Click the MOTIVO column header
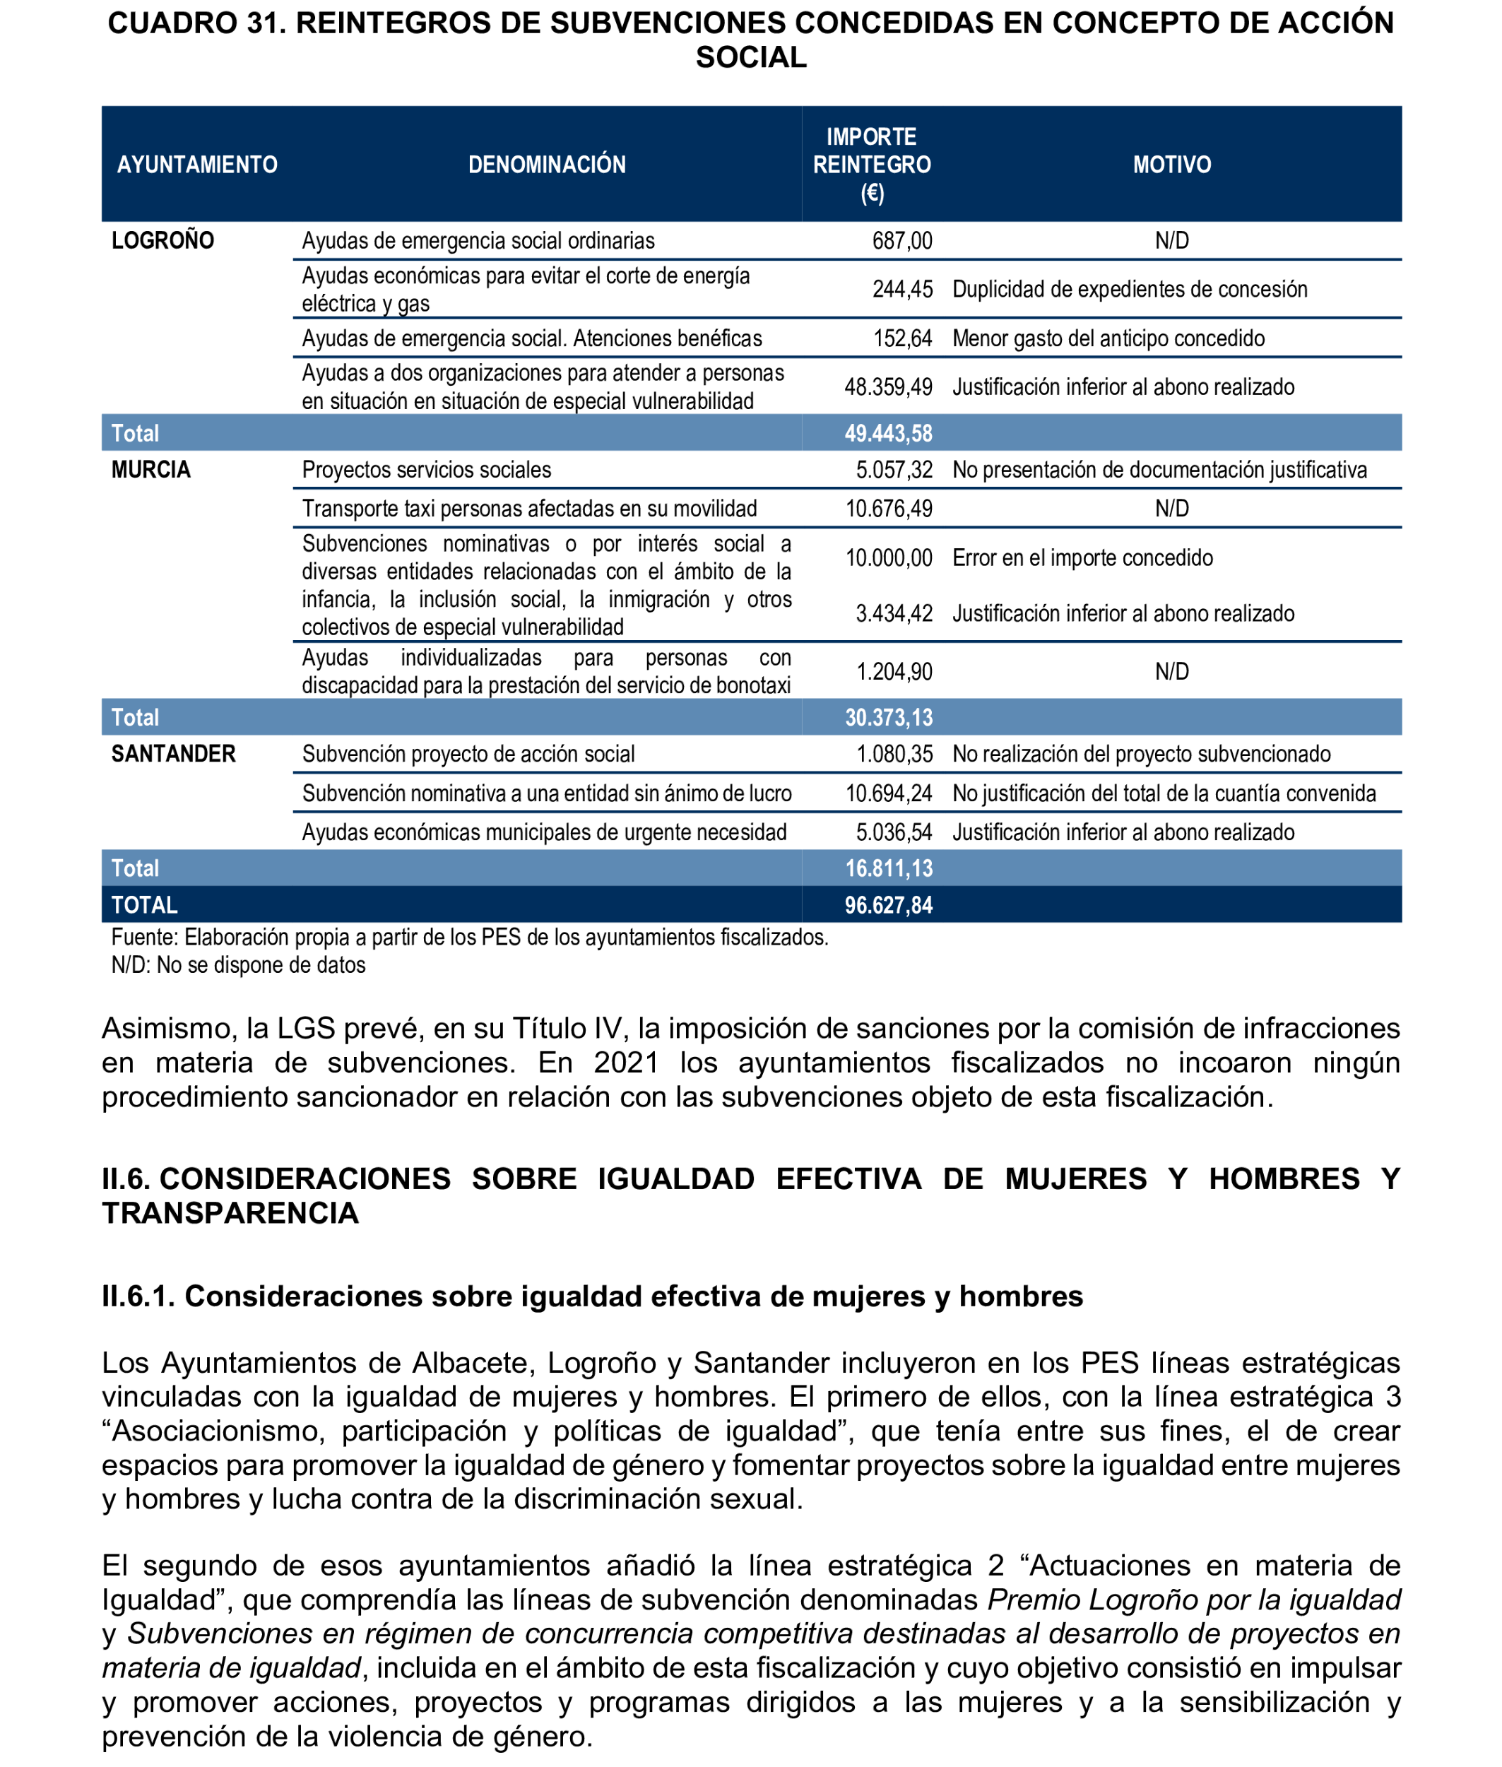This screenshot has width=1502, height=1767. pyautogui.click(x=1171, y=165)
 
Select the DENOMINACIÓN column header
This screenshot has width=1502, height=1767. pyautogui.click(x=547, y=165)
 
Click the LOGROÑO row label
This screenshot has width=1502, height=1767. pyautogui.click(x=162, y=240)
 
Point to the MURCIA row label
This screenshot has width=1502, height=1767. pyautogui.click(x=150, y=469)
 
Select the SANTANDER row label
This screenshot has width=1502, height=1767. pyautogui.click(x=173, y=754)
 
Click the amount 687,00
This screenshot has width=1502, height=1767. pyautogui.click(x=901, y=241)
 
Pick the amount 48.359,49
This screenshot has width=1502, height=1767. pyautogui.click(x=888, y=387)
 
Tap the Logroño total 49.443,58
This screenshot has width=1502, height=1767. pyautogui.click(x=888, y=433)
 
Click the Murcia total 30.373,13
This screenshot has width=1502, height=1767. pyautogui.click(x=888, y=718)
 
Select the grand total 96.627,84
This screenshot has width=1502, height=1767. pyautogui.click(x=888, y=905)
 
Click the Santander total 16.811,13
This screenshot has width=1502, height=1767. pyautogui.click(x=888, y=868)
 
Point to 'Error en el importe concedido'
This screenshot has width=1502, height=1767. pyautogui.click(x=1082, y=557)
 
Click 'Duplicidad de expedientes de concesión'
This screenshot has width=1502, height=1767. pyautogui.click(x=1129, y=290)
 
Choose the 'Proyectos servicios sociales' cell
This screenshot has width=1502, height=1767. pyautogui.click(x=427, y=470)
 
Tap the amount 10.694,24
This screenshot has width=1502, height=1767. pyautogui.click(x=888, y=793)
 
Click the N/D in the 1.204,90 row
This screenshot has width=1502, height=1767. pyautogui.click(x=1171, y=672)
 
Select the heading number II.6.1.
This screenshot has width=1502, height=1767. pyautogui.click(x=138, y=1296)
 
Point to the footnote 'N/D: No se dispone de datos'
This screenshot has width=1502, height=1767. pyautogui.click(x=238, y=965)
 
